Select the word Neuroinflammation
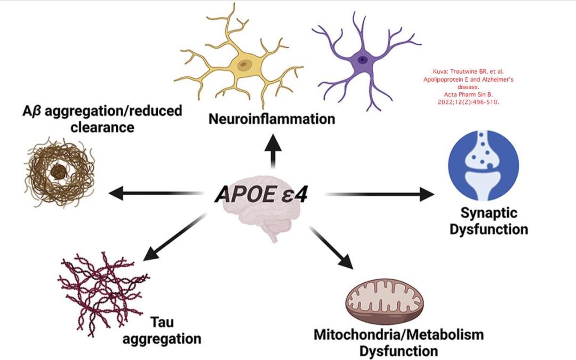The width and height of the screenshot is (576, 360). point(272,119)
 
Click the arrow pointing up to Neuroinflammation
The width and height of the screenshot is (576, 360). point(273,151)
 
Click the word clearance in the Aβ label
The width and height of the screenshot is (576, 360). point(102,127)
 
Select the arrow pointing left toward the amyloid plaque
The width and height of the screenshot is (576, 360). point(156,193)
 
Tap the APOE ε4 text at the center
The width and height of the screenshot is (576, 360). point(261,194)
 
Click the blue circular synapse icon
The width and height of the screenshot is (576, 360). point(483,165)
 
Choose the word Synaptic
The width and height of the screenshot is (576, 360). point(489,213)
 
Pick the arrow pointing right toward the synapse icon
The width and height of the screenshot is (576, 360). point(380,194)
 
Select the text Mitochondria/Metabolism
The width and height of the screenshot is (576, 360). point(398,334)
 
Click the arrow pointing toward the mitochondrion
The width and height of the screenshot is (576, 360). point(331,248)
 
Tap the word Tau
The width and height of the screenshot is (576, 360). point(162,322)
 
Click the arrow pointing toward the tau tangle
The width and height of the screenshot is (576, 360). point(174,237)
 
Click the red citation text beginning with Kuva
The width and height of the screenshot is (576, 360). point(468,87)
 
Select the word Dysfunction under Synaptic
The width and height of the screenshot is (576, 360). point(489,229)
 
